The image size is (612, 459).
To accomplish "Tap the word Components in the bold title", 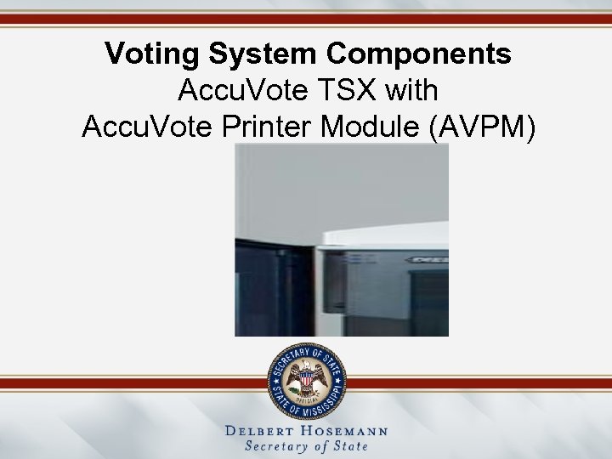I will [x=418, y=54].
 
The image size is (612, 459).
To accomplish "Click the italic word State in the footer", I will [x=350, y=446].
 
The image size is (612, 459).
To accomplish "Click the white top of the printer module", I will [x=382, y=235].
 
